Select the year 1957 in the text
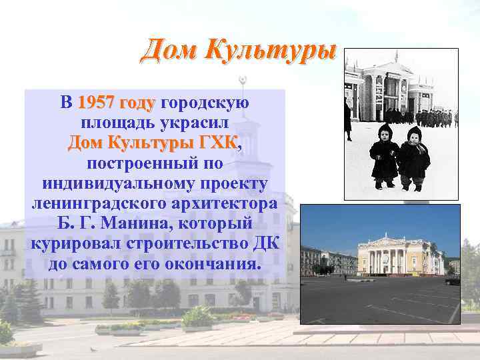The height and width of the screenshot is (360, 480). pos(97,103)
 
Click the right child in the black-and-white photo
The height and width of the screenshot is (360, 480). pos(413,157)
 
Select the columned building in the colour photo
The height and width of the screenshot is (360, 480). pos(400,255)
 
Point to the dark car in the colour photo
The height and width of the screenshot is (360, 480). pos(453,281)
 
